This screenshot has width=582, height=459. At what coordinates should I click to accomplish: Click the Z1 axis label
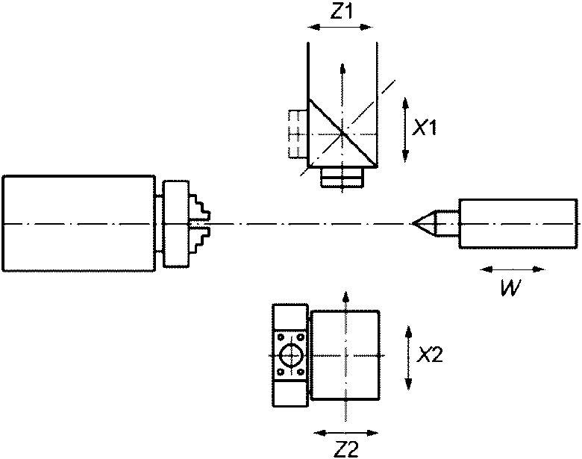pyautogui.click(x=342, y=12)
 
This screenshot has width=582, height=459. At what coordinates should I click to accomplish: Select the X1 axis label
pyautogui.click(x=426, y=128)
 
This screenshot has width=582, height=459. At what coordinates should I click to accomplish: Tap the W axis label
pyautogui.click(x=511, y=287)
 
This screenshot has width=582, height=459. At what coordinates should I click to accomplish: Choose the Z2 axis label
pyautogui.click(x=346, y=450)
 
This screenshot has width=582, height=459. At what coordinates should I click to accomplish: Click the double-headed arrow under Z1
pyautogui.click(x=340, y=27)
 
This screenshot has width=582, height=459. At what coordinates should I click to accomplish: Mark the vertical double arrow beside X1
pyautogui.click(x=405, y=130)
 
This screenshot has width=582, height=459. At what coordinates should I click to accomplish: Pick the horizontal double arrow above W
pyautogui.click(x=513, y=269)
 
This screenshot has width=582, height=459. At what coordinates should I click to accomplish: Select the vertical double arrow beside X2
pyautogui.click(x=408, y=358)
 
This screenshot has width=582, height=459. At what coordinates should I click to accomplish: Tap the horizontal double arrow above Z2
pyautogui.click(x=346, y=433)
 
